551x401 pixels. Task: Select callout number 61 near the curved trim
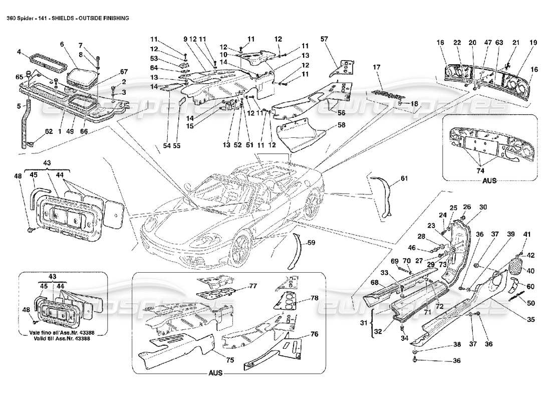point(404,178)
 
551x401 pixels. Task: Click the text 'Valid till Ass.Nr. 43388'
point(63,339)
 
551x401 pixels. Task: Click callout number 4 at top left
point(18,52)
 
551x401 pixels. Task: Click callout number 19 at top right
point(533,43)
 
